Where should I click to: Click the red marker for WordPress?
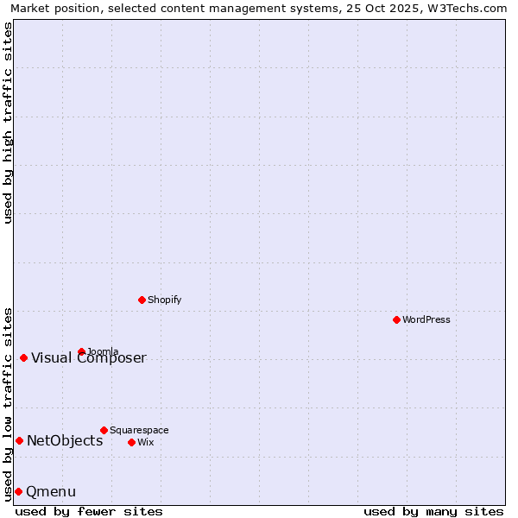point(396,319)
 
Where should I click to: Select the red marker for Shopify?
point(142,300)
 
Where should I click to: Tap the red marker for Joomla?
point(82,351)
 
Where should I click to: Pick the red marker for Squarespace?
point(104,430)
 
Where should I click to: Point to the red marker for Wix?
point(131,442)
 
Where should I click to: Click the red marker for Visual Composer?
point(23,357)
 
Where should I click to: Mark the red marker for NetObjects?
point(19,440)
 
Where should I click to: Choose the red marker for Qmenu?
point(18,491)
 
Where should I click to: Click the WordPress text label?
point(426,320)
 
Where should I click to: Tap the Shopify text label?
point(165,300)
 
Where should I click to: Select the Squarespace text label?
point(139,431)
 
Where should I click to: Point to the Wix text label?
point(145,443)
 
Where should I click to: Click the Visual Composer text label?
point(89,358)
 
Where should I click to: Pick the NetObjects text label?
point(65,441)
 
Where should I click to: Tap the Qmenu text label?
point(51,492)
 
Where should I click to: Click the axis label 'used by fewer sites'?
point(89,511)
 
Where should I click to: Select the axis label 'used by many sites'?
point(433,511)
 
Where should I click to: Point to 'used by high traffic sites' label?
point(9,123)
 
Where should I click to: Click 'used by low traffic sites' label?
point(9,403)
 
